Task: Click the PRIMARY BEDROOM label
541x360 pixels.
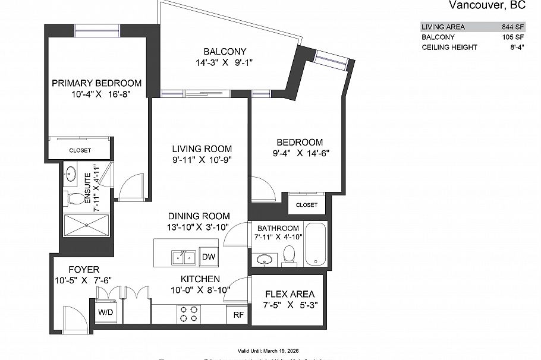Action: (x=96, y=83)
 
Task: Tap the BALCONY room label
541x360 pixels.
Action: (x=224, y=52)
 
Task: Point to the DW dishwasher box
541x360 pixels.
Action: (x=208, y=257)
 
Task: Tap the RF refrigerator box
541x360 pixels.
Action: (x=238, y=315)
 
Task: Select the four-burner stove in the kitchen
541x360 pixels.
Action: (x=189, y=314)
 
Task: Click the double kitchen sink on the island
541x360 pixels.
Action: (x=184, y=257)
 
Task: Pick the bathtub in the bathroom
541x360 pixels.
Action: (x=316, y=244)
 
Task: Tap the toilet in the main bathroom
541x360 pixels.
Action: (x=290, y=254)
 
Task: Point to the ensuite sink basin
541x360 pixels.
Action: (x=71, y=174)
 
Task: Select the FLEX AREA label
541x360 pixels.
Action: (x=290, y=294)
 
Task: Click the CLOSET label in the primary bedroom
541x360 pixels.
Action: (x=80, y=150)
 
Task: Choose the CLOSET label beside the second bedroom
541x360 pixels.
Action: (x=306, y=205)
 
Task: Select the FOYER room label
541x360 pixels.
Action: (x=83, y=269)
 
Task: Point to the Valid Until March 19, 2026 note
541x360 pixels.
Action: (x=270, y=351)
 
